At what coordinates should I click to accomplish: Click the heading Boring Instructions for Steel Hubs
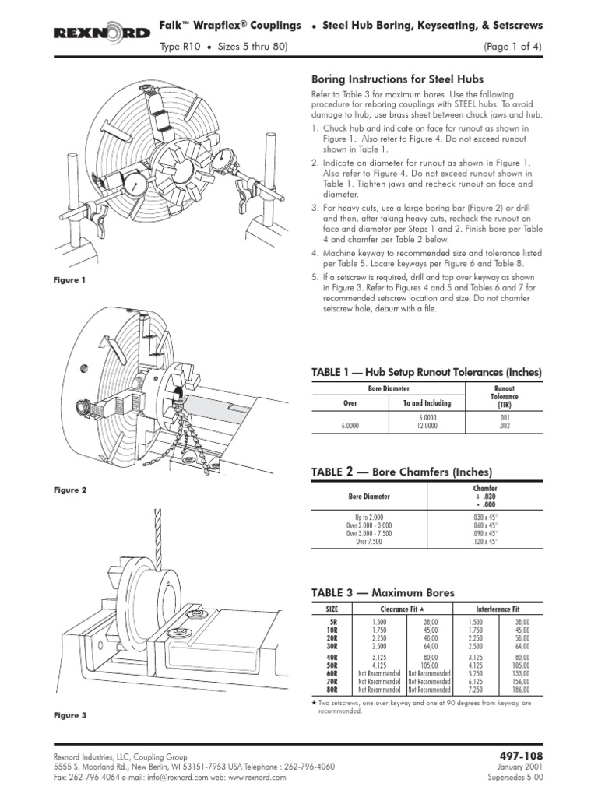tap(397, 79)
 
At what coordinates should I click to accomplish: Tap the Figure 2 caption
tap(70, 490)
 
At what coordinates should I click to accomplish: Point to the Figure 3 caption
tap(70, 714)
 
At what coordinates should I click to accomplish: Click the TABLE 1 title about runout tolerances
tap(426, 373)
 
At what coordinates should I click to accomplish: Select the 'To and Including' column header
tap(427, 404)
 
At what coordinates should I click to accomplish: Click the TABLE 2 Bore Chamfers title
tap(402, 472)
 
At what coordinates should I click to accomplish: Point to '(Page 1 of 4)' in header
tap(512, 47)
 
